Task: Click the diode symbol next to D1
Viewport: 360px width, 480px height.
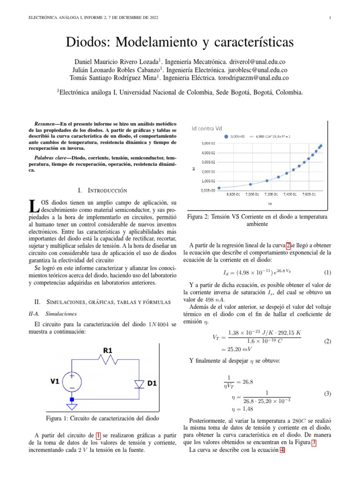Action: pyautogui.click(x=139, y=384)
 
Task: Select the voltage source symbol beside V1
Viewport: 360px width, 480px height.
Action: pyautogui.click(x=72, y=382)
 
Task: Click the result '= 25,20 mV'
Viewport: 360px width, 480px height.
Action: pyautogui.click(x=236, y=349)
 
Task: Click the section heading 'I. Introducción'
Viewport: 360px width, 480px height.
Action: pyautogui.click(x=102, y=190)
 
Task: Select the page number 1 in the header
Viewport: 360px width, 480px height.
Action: pyautogui.click(x=330, y=18)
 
